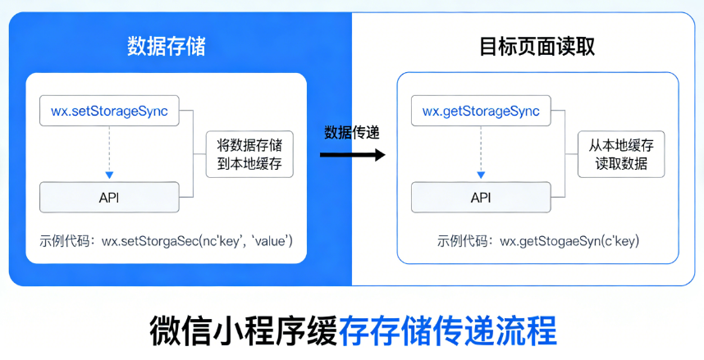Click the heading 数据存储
166,47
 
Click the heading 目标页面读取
537,47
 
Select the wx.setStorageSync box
109,111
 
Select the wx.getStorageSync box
480,111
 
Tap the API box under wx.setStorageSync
109,198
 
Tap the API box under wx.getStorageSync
480,198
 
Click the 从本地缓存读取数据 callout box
620,153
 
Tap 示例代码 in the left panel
66,241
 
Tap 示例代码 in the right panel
464,241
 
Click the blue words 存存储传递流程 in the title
447,330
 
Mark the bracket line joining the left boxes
192,154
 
